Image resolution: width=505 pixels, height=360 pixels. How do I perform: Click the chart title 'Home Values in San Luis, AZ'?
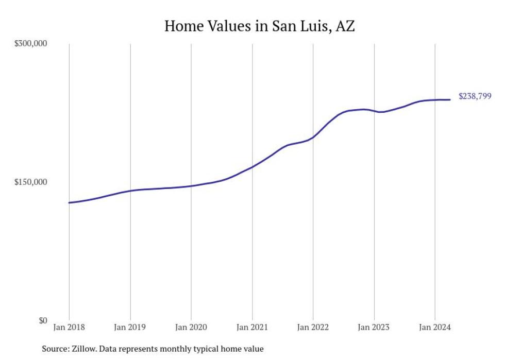point(259,26)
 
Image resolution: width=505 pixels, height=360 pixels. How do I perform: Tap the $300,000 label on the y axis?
point(30,44)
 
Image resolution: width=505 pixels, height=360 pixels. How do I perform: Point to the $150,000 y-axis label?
point(30,182)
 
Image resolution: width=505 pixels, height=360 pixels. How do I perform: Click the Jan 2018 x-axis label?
point(69,328)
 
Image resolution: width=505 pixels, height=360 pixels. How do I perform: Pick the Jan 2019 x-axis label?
point(130,328)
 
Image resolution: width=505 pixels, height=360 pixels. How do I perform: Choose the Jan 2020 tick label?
point(191,328)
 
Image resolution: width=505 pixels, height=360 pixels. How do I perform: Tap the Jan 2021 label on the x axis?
point(252,328)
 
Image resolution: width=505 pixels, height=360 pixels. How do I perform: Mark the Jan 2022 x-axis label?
point(313,328)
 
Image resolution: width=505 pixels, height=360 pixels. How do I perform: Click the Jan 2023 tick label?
point(374,328)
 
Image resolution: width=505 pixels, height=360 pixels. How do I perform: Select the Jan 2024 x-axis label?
point(435,328)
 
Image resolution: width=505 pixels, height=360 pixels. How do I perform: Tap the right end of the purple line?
point(450,99)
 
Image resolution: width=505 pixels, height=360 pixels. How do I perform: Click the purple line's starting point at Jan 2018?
point(69,202)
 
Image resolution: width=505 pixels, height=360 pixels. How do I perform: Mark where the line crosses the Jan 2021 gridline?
point(252,167)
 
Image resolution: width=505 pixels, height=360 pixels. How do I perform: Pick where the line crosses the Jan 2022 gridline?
point(313,137)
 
